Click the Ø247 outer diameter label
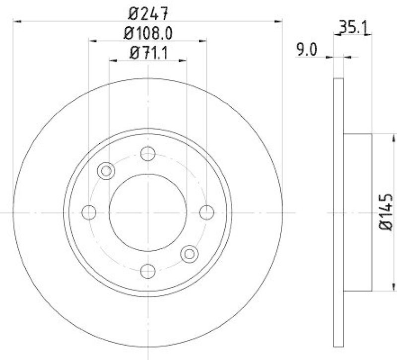click(x=147, y=10)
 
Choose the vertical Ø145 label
click(x=387, y=212)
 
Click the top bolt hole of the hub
click(x=147, y=153)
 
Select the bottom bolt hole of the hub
click(x=147, y=271)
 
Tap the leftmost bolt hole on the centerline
click(x=89, y=212)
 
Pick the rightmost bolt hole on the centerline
click(x=206, y=212)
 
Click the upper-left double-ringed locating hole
click(x=106, y=171)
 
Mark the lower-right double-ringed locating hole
click(x=189, y=254)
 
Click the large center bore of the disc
click(x=147, y=212)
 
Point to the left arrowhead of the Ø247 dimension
click(x=17, y=21)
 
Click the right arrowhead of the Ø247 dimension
click(x=278, y=21)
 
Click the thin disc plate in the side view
click(x=338, y=248)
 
